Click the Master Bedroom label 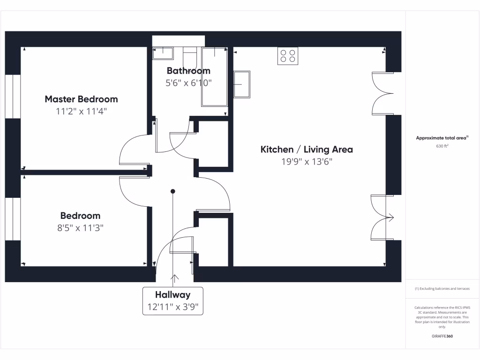point(81,99)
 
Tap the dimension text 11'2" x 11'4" point(81,112)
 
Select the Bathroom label point(188,71)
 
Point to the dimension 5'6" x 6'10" point(189,83)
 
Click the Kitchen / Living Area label point(307,150)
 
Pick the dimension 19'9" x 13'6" point(307,162)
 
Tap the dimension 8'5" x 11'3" point(80,228)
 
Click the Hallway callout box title point(172,295)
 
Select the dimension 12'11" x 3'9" point(172,307)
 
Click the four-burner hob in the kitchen point(288,56)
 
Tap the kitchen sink point(242,84)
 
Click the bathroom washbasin point(163,52)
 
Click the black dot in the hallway point(172,191)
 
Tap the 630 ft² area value point(442,146)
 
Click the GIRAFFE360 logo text point(442,336)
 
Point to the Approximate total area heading point(442,138)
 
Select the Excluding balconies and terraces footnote point(442,289)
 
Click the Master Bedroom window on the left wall point(13,96)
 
